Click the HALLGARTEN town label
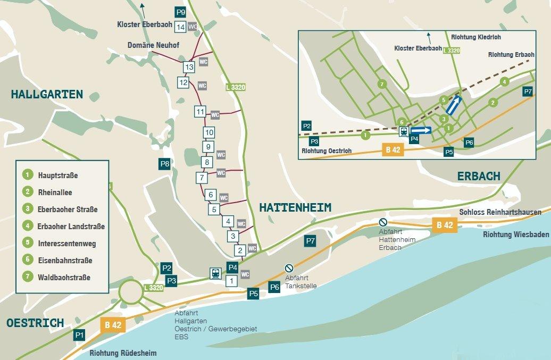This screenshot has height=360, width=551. tap(47, 95)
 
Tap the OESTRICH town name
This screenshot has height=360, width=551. tap(35, 323)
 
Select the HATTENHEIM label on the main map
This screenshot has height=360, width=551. tap(295, 208)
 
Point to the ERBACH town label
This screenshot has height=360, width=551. tap(479, 176)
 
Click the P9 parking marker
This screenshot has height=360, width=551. tap(181, 12)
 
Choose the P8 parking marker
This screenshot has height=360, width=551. tap(165, 164)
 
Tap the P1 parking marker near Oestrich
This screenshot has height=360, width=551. tap(79, 334)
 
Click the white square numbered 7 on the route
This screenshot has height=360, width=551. tap(201, 177)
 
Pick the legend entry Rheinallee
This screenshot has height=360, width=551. tap(54, 192)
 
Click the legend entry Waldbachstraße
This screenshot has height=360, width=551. tap(63, 277)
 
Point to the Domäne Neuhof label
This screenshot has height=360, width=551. tap(153, 46)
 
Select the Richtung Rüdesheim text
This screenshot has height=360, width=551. tap(123, 353)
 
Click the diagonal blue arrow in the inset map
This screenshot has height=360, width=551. tap(454, 105)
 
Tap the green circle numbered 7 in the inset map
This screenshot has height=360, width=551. tap(381, 84)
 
